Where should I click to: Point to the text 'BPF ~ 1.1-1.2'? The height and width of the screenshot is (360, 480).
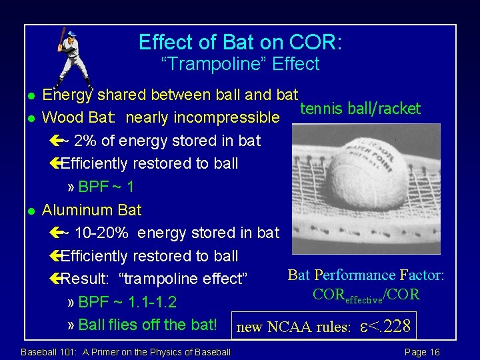[x=127, y=303]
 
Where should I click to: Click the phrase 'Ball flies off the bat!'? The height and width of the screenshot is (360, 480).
[x=147, y=325]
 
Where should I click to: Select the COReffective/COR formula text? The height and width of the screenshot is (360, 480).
[x=366, y=295]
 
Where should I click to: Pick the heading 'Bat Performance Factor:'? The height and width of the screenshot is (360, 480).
[x=366, y=275]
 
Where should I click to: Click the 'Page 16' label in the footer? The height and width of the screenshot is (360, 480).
[x=421, y=352]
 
